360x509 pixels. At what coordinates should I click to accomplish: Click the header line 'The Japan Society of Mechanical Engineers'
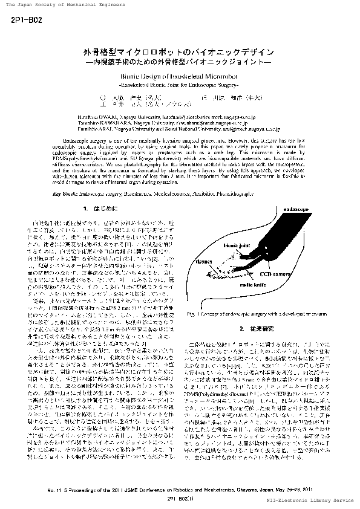click(x=61, y=4)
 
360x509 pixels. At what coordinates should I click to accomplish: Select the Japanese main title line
click(x=180, y=52)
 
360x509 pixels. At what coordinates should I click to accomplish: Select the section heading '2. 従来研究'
click(x=250, y=328)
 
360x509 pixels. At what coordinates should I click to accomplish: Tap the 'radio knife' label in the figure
click(x=255, y=283)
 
